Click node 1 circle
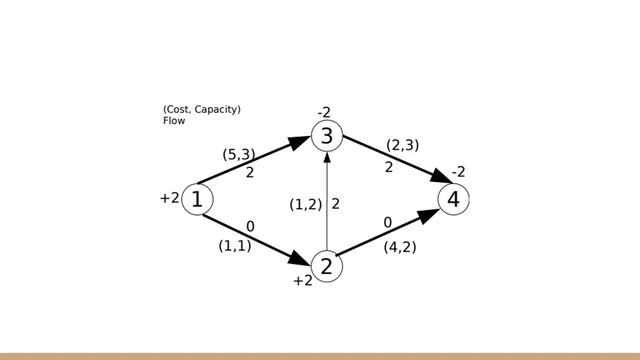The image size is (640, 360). (197, 199)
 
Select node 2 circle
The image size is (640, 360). (327, 266)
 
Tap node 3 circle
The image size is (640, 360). (327, 136)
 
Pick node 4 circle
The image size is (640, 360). (453, 199)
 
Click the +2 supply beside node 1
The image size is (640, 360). (169, 198)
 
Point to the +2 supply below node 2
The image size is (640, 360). (302, 282)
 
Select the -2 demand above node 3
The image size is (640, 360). (323, 112)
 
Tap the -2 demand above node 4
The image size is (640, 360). (458, 172)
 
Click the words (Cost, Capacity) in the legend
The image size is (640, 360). (201, 109)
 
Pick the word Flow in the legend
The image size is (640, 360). (174, 121)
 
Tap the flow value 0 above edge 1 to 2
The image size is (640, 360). (250, 226)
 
